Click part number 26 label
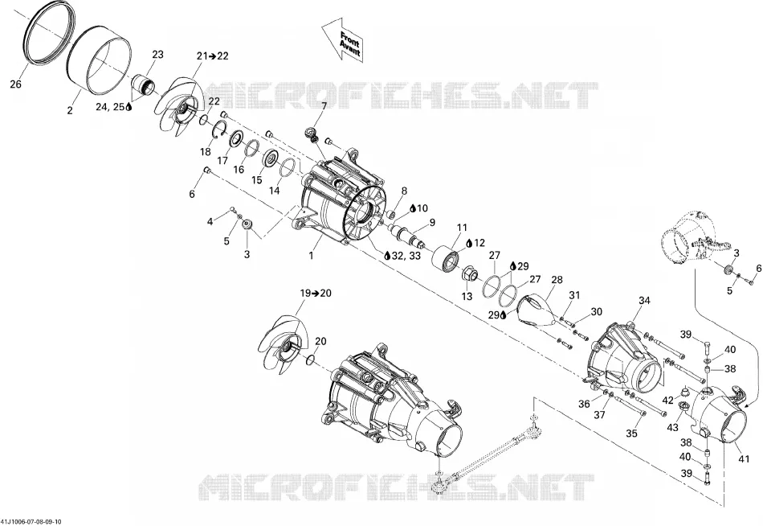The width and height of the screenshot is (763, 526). pos(16,84)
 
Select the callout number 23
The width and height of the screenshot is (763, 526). pos(158,55)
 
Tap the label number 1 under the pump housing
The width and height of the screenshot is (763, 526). pos(312,255)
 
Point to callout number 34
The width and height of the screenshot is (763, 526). pos(644,301)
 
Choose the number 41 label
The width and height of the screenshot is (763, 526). pos(744,458)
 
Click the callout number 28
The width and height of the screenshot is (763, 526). pos(557,280)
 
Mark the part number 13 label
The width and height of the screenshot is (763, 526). pos(467,297)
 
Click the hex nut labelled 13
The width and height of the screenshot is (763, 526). pos(468,274)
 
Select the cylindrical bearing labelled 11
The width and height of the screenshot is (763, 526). pos(447,257)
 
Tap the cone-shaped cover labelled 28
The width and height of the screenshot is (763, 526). pos(537,310)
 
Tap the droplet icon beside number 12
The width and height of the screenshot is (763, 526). pos(469,243)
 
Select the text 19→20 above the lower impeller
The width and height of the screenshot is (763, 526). pos(316,293)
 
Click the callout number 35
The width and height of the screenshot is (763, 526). pos(631,433)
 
